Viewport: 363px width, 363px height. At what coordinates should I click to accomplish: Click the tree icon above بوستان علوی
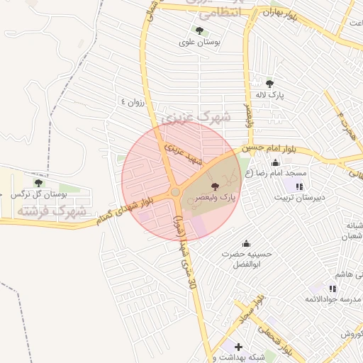pos(199,30)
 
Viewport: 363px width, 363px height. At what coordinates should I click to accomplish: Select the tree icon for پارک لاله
pos(269,83)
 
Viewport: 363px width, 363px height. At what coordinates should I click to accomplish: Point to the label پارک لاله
pos(269,95)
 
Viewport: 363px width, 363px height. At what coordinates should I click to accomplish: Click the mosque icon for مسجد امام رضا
pos(275,164)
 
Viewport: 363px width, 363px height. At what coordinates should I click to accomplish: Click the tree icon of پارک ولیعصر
pos(216,185)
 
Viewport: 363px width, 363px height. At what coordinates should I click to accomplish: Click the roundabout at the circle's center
pos(174,192)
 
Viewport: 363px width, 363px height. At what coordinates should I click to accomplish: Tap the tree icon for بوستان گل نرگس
pos(38,182)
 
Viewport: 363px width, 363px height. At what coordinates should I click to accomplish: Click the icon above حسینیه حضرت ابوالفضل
pos(246,243)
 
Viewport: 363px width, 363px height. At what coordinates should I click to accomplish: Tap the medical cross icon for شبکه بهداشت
pos(238,347)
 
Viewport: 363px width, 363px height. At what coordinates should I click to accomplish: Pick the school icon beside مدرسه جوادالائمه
pos(333,289)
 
